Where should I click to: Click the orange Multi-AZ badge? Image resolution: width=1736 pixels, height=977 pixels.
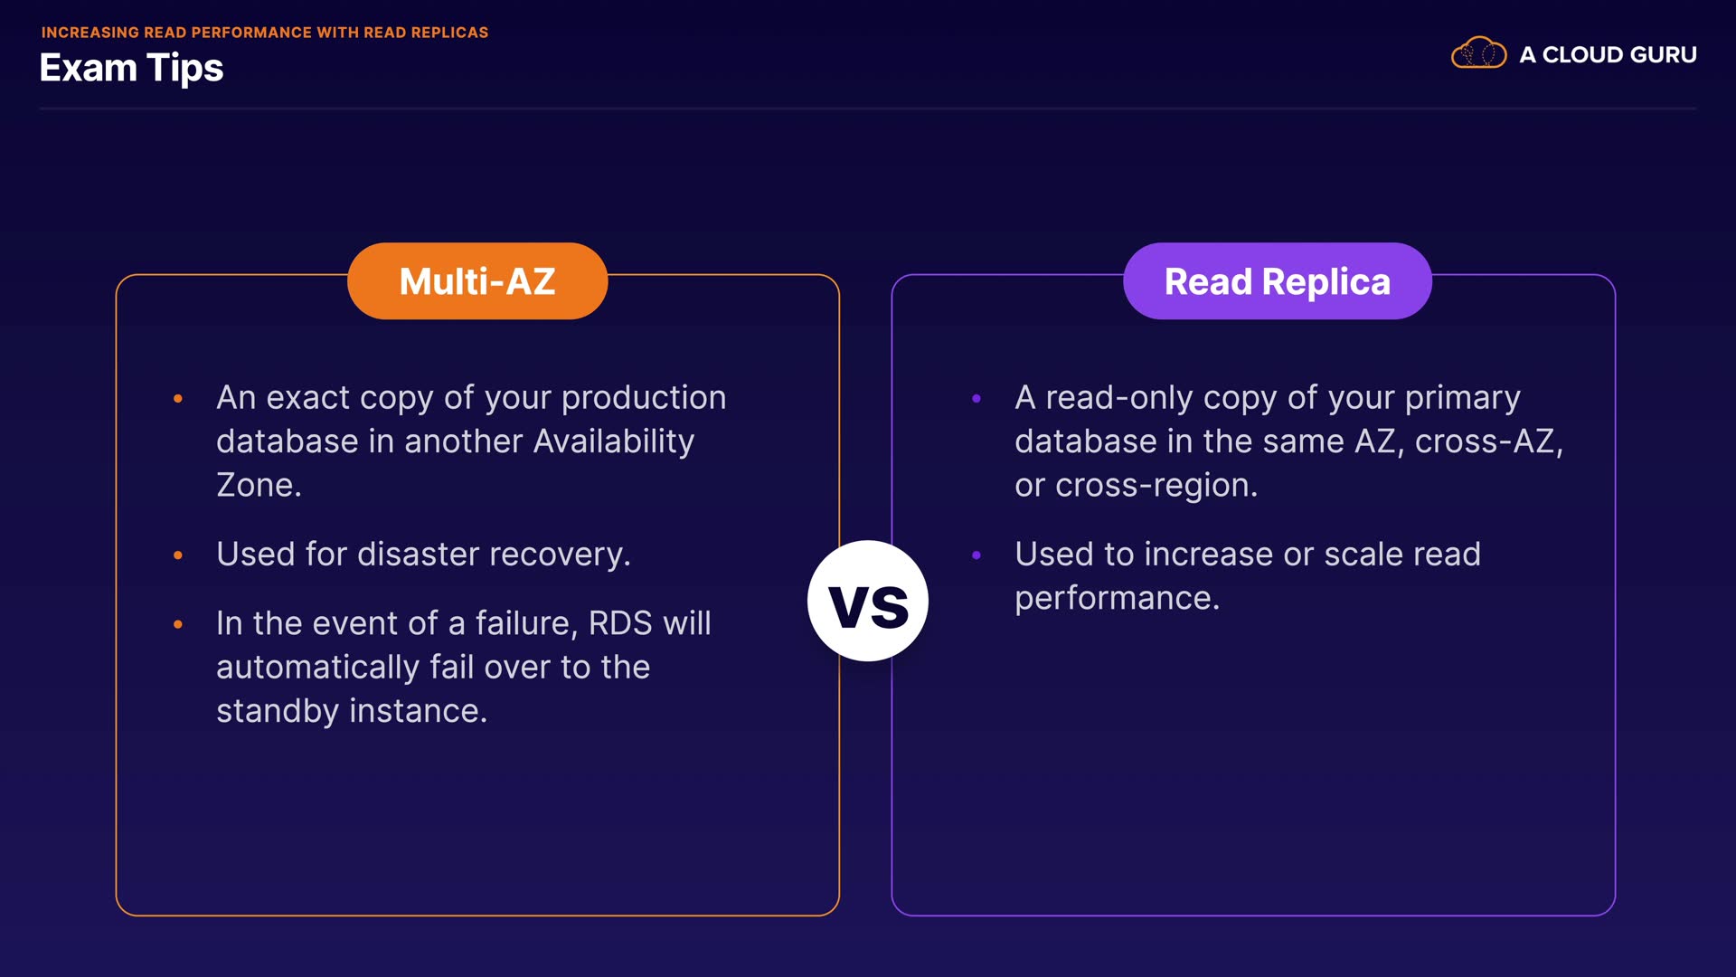[477, 280]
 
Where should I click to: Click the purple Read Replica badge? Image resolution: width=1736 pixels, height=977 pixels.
[1277, 280]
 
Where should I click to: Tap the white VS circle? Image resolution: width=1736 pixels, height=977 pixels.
[868, 601]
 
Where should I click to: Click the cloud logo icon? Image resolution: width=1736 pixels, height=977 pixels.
[1478, 53]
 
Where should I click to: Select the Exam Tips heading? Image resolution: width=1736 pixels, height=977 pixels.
[131, 68]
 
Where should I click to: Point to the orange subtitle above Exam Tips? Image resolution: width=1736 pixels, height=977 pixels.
[265, 33]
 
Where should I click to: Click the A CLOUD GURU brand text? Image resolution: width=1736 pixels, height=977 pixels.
[1608, 54]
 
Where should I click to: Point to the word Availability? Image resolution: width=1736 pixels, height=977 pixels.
[614, 441]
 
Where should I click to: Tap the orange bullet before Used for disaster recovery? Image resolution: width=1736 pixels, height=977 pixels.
[178, 555]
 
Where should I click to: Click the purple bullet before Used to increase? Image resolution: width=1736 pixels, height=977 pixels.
[976, 555]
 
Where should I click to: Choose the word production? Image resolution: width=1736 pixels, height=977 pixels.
[644, 398]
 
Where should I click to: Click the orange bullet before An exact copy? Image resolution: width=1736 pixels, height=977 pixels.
[178, 398]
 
